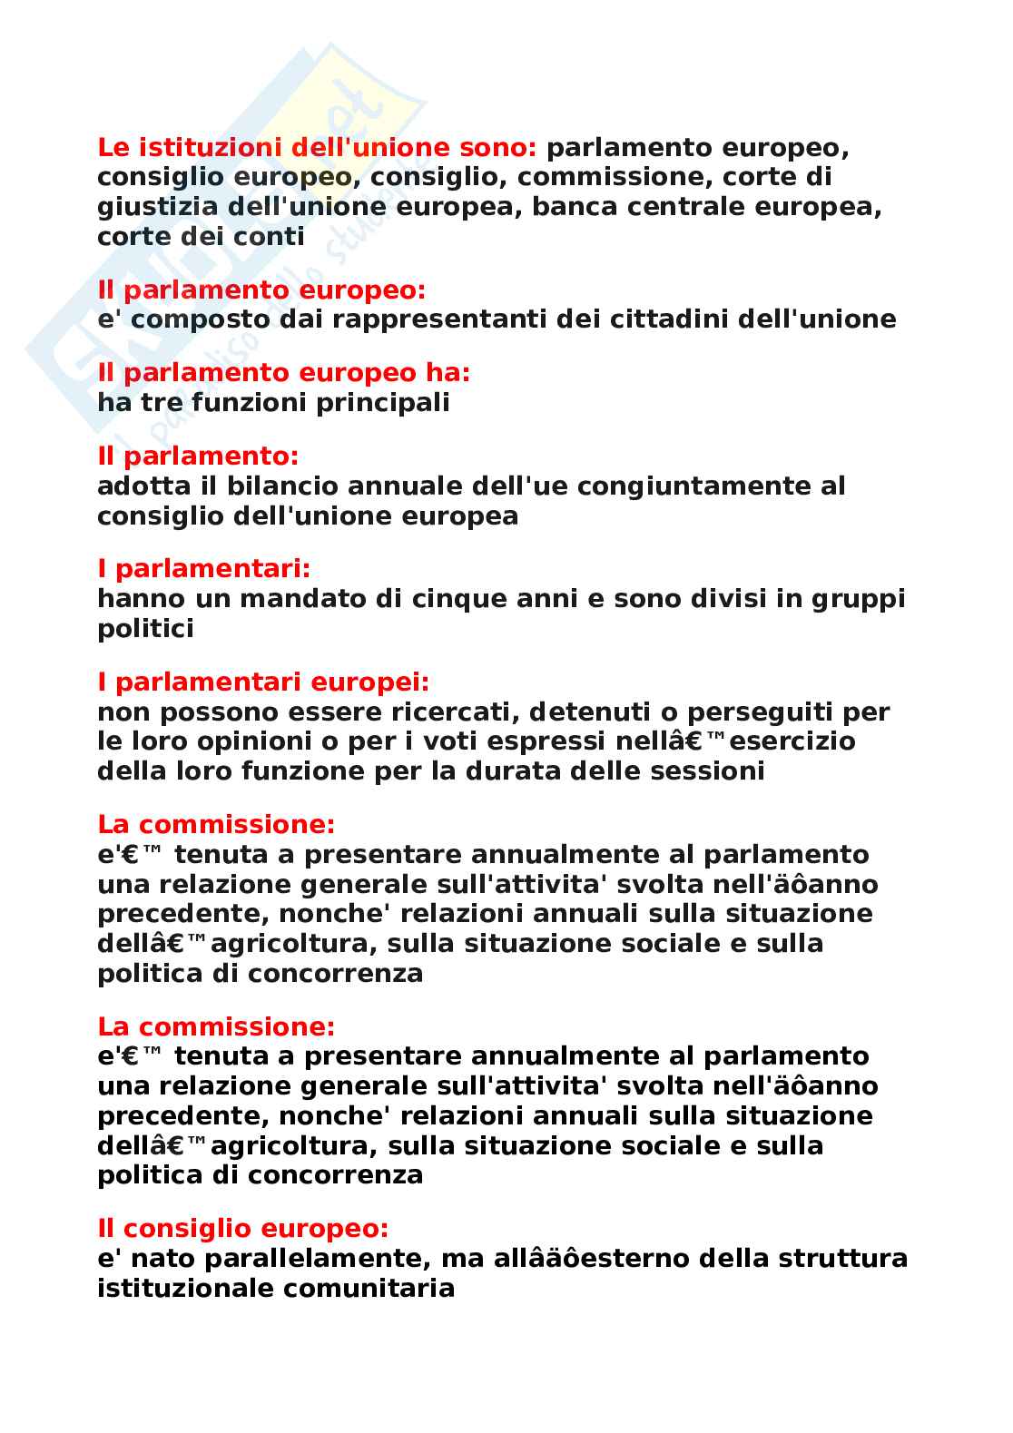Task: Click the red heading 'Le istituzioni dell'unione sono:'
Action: click(x=317, y=147)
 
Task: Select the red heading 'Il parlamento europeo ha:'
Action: click(x=283, y=373)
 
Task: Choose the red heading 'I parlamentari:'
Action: click(x=203, y=569)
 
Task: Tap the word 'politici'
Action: click(x=145, y=629)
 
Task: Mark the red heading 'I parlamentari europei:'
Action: click(x=263, y=682)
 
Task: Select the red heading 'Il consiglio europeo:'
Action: click(x=242, y=1229)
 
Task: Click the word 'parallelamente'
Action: click(x=314, y=1259)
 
